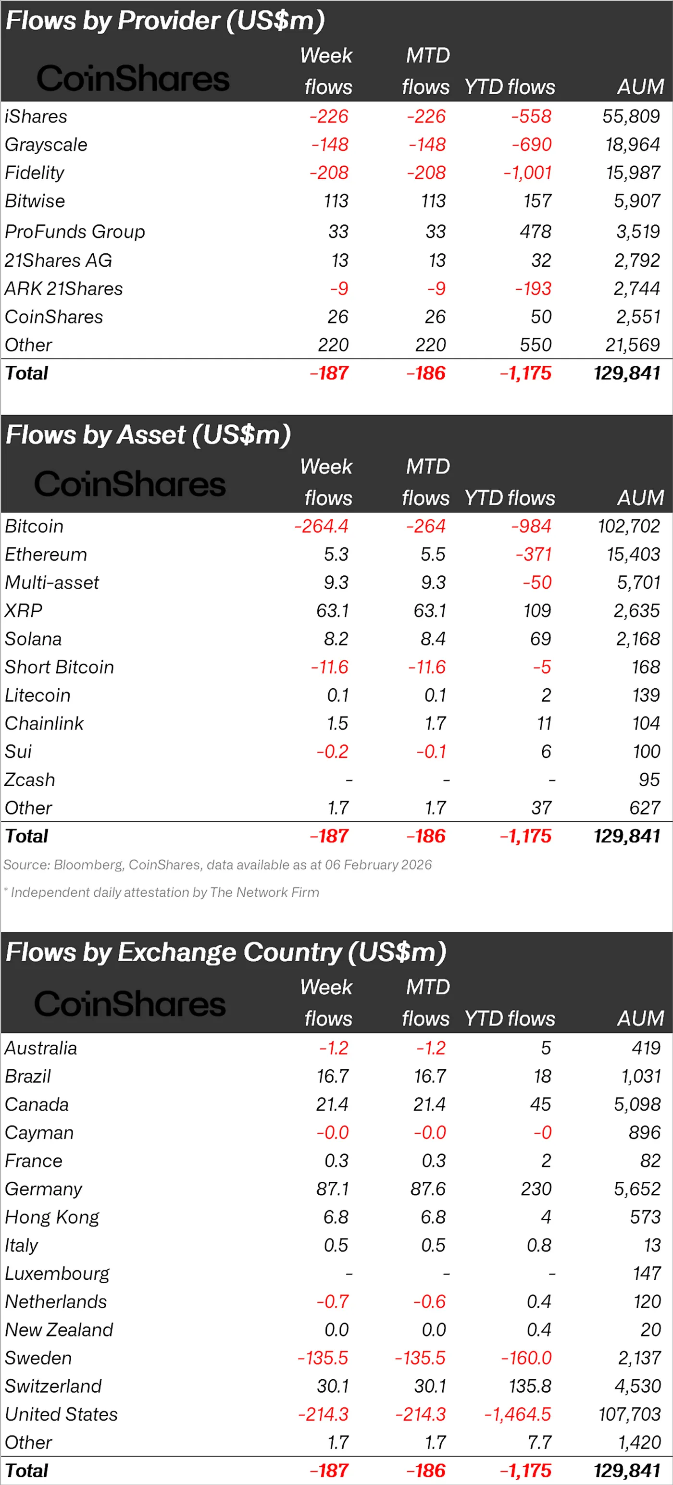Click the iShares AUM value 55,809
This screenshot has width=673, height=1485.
(631, 116)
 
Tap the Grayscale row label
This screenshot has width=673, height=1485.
(46, 145)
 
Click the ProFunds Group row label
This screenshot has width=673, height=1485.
(75, 232)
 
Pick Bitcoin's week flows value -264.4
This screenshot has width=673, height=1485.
(321, 526)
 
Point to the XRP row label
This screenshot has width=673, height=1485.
(24, 610)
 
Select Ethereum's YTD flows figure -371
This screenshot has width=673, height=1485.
(534, 555)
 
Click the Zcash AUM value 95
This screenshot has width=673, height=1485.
(649, 780)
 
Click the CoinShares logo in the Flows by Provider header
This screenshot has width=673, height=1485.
(133, 78)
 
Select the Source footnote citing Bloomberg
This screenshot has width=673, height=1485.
(217, 865)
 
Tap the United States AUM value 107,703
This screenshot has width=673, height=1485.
(629, 1414)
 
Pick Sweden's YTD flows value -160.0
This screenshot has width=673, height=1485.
(526, 1358)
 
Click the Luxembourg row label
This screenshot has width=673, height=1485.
(57, 1274)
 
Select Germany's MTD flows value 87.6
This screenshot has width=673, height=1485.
(429, 1188)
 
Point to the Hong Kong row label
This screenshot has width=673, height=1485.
(52, 1217)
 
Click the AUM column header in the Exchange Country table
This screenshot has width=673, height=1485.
(640, 1019)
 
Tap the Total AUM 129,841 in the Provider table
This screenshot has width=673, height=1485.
(627, 373)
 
